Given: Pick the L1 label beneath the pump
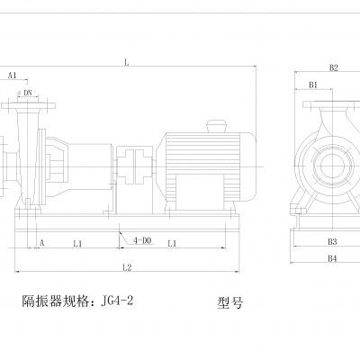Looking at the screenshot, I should [77, 243].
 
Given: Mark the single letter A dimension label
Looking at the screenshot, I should [42, 243].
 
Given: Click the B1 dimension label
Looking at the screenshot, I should [314, 85].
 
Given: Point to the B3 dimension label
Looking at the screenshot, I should [331, 241].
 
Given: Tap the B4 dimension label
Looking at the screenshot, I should [331, 258].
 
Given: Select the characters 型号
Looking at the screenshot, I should [230, 303].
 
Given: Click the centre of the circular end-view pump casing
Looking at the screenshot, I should [328, 165].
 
